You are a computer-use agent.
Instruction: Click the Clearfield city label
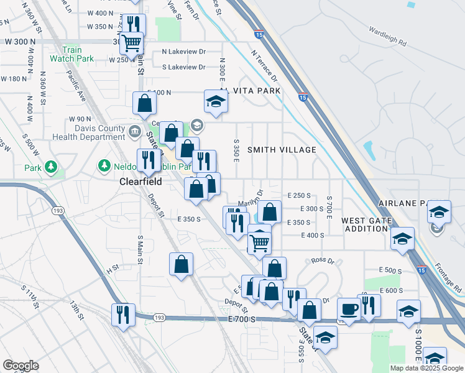pos(140,182)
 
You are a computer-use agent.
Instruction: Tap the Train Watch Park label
pos(78,54)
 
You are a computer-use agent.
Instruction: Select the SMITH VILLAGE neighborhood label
pos(282,150)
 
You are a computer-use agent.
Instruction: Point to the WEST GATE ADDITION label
pos(366,224)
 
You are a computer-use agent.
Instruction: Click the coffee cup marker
pos(349,309)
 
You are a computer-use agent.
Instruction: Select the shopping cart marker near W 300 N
pos(131,43)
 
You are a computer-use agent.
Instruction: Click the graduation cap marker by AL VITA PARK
pos(216,101)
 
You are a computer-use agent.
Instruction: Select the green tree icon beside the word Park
pos(50,168)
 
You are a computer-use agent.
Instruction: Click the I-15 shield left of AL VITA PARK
pos(302,97)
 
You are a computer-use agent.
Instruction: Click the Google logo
pos(21,366)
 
